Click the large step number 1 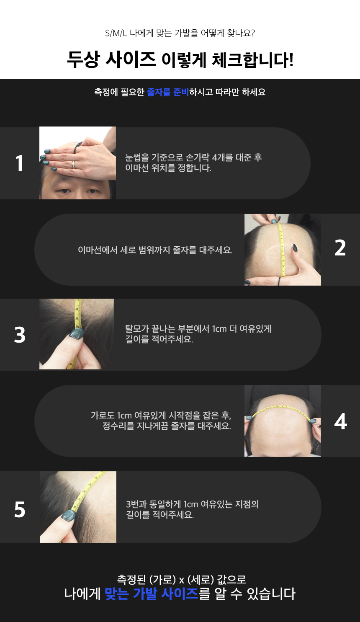click(19, 163)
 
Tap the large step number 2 click(340, 248)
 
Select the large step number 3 click(20, 335)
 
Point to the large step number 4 click(341, 421)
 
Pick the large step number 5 click(20, 510)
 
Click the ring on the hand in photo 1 click(74, 165)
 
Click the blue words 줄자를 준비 click(167, 92)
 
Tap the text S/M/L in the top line click(116, 34)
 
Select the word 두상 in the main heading click(83, 59)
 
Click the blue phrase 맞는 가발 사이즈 click(151, 594)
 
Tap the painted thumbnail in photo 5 click(68, 516)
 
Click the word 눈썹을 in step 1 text click(137, 157)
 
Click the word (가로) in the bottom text click(163, 579)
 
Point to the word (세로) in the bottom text click(201, 579)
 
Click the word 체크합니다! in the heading click(252, 59)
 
